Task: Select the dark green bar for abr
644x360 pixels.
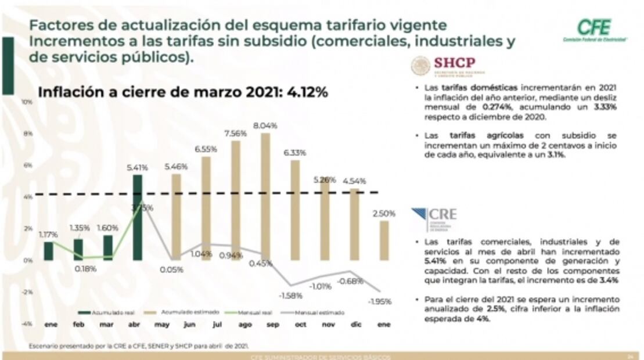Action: click(138, 218)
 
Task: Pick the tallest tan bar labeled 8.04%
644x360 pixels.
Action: click(265, 196)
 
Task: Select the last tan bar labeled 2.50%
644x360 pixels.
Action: click(384, 240)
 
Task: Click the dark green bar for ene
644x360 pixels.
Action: click(49, 251)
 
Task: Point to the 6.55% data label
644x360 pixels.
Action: click(206, 149)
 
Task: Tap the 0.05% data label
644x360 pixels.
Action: click(173, 269)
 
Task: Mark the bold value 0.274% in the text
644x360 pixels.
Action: click(497, 107)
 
